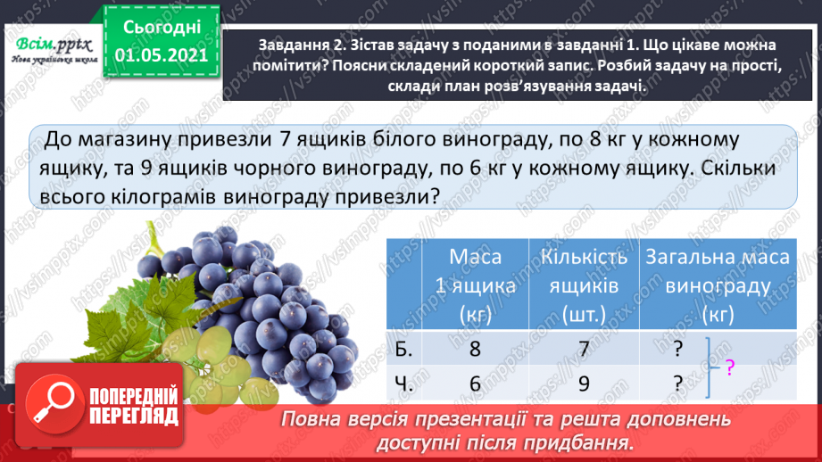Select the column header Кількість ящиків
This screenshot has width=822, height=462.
[580, 285]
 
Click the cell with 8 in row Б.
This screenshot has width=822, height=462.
[475, 351]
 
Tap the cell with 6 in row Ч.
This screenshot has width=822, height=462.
[475, 384]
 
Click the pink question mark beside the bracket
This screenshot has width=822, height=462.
[729, 366]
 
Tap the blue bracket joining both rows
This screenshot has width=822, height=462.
[709, 367]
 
